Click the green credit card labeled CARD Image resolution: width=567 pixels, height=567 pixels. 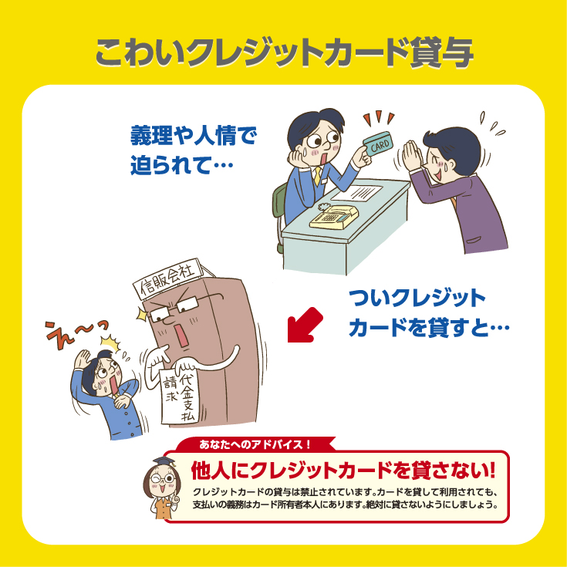pos(377,144)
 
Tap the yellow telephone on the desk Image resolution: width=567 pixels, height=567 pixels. pos(334,216)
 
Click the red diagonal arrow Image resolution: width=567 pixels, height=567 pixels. pos(305,325)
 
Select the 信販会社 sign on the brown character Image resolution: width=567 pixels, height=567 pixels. pos(168,278)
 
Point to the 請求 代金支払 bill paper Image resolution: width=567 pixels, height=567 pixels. pos(179,395)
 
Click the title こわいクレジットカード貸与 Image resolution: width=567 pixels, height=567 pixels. pos(284,52)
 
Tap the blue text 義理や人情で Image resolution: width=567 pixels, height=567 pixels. pos(194,135)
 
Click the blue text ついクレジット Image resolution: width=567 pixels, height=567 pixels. pos(417,298)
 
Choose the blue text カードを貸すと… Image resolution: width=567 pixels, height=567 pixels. pos(429,327)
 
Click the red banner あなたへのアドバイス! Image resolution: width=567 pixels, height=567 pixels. pos(255,444)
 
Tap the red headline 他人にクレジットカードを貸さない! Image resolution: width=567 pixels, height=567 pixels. pos(343,471)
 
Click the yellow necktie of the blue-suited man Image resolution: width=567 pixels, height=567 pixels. pos(317,176)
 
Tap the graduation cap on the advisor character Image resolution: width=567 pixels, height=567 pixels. pos(164,462)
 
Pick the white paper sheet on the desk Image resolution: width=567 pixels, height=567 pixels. pos(357,193)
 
